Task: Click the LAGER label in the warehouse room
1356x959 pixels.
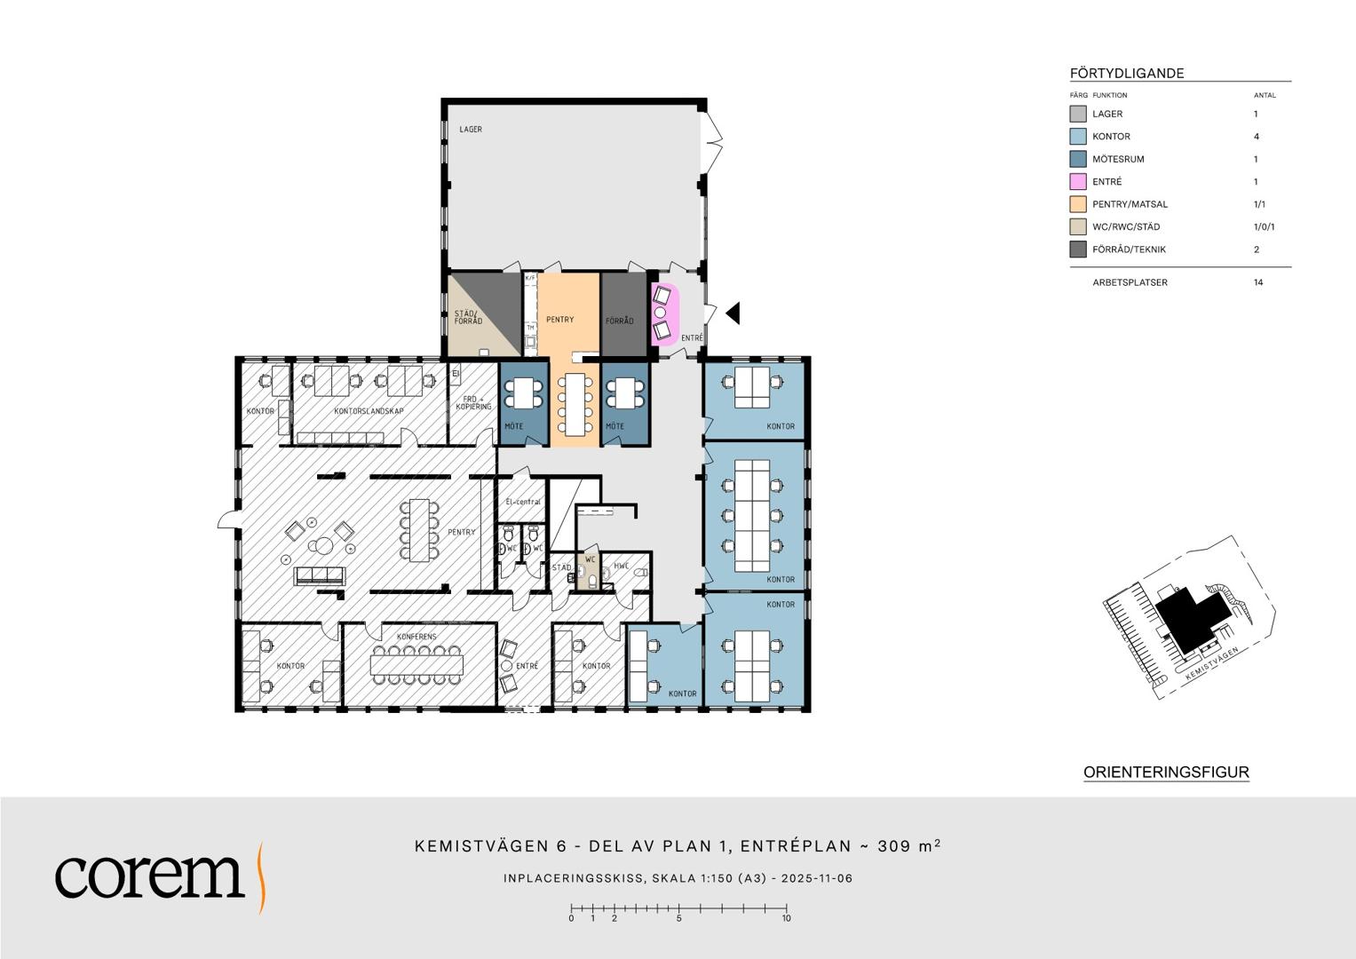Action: coord(471,130)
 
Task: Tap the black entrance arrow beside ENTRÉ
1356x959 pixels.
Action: coord(734,313)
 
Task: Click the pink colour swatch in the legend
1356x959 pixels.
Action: coord(1078,182)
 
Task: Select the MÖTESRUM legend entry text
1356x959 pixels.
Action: coord(1118,159)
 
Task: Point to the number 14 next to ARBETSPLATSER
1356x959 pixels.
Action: coord(1258,282)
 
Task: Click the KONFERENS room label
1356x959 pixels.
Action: coord(416,637)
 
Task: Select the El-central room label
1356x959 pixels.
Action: coord(523,502)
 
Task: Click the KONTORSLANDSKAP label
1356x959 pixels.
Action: coord(369,411)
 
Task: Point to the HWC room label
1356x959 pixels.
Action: coord(622,567)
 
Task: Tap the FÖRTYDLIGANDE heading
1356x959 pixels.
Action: coord(1127,74)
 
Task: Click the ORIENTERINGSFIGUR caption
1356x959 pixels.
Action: coord(1166,773)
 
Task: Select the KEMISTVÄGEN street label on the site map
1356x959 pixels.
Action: coord(1211,663)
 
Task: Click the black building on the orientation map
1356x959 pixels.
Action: coord(1193,621)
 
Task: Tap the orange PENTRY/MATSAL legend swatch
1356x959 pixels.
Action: coord(1078,204)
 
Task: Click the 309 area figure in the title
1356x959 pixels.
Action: coord(894,846)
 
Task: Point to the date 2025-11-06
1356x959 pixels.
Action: coord(817,878)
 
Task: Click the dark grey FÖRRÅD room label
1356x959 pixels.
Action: coord(619,321)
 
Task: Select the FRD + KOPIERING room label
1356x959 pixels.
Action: coord(473,403)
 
